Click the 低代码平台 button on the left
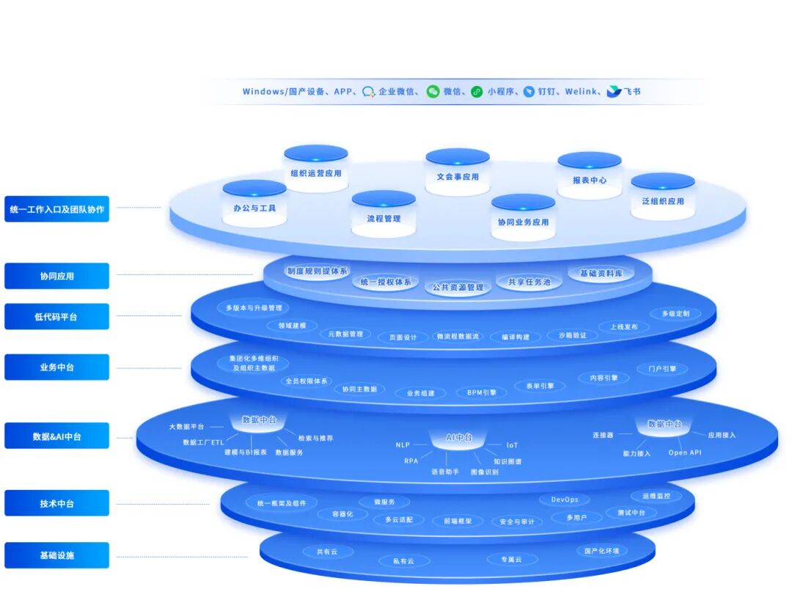(x=56, y=317)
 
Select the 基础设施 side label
(x=56, y=555)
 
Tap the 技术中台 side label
(x=56, y=504)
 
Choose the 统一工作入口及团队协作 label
(x=56, y=209)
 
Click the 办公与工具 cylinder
(x=254, y=208)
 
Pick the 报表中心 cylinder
(x=589, y=179)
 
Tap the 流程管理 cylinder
(x=384, y=218)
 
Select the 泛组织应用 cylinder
(x=662, y=200)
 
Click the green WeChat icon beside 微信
(x=433, y=92)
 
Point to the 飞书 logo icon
(x=614, y=92)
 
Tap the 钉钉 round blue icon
(x=529, y=92)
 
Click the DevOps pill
(x=564, y=500)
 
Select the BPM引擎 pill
(x=482, y=392)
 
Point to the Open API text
(x=684, y=453)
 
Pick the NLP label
(x=403, y=445)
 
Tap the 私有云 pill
(x=403, y=561)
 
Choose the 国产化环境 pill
(x=601, y=551)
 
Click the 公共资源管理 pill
(x=458, y=288)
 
